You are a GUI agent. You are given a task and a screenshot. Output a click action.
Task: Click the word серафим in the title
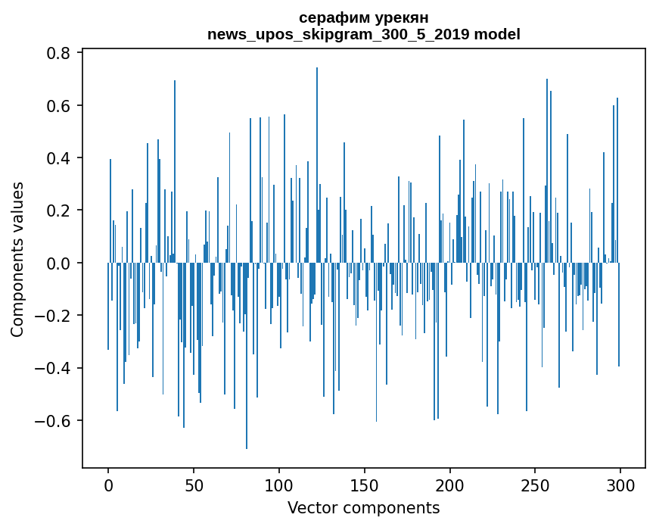point(331,17)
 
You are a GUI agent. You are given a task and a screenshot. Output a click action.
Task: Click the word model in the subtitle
point(497,34)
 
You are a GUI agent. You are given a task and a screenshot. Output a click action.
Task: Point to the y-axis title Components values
point(17,259)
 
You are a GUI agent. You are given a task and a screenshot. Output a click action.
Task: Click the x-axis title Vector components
point(363,507)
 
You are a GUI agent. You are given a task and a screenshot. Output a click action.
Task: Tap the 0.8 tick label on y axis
point(60,53)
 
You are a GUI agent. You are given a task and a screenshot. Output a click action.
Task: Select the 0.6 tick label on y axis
point(60,105)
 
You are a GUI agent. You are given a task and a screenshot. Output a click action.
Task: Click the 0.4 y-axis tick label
point(60,158)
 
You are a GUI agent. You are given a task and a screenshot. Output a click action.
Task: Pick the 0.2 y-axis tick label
point(60,210)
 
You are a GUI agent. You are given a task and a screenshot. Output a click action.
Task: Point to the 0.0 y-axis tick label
point(60,263)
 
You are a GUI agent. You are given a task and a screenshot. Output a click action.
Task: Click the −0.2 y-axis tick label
point(54,316)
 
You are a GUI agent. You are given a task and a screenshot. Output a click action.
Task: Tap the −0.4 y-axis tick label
point(54,368)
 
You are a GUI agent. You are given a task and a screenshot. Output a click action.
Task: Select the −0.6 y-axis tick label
point(54,421)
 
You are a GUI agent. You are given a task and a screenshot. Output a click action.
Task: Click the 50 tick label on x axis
point(194,485)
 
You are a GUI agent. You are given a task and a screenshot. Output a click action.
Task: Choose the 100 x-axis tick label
point(279,485)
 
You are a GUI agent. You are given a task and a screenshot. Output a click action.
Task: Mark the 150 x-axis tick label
point(365,485)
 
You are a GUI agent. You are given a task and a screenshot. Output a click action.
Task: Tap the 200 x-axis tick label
point(450,485)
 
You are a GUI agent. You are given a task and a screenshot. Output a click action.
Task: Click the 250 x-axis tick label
point(535,485)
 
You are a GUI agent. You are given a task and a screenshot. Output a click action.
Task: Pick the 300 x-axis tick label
point(620,485)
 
